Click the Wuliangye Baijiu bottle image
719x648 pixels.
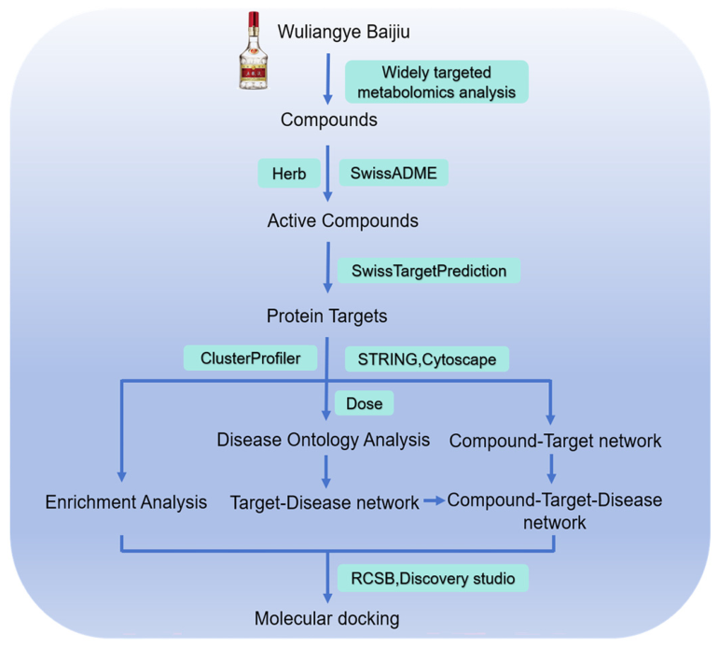[254, 50]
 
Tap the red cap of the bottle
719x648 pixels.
[254, 20]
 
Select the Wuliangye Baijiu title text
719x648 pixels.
[343, 32]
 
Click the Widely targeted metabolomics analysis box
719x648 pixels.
[436, 82]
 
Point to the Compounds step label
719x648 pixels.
[329, 120]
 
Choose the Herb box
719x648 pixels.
[289, 173]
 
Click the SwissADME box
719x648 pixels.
[394, 173]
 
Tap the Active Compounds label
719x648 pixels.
[342, 220]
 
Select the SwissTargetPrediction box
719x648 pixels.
[429, 271]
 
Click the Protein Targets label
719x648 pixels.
[326, 316]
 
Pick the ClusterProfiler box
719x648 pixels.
[250, 358]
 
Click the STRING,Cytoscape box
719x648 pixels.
[426, 359]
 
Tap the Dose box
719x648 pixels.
[364, 403]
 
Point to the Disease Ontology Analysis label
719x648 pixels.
[324, 440]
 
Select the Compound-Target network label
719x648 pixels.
[555, 441]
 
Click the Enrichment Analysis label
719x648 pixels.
[126, 502]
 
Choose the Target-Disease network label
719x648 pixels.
[325, 502]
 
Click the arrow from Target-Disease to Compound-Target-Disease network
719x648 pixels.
[435, 500]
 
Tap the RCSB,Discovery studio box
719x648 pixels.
[433, 578]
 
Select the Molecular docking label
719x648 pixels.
[327, 618]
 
